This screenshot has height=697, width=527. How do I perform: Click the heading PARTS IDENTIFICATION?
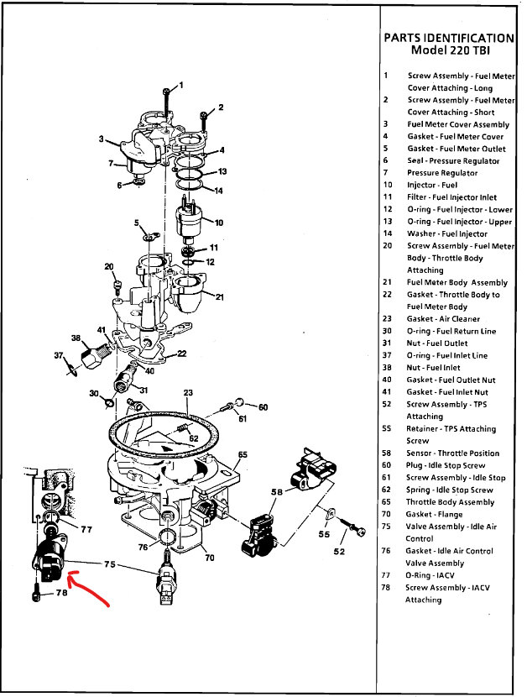click(448, 38)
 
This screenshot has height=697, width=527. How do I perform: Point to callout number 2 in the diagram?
click(221, 107)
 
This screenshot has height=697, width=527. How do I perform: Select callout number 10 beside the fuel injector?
click(219, 223)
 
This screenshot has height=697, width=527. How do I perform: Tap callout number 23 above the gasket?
click(189, 392)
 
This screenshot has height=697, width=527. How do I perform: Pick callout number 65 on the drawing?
click(243, 455)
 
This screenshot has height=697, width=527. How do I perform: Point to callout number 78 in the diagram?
click(61, 593)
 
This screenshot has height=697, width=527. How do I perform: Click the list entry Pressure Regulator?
click(442, 173)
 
